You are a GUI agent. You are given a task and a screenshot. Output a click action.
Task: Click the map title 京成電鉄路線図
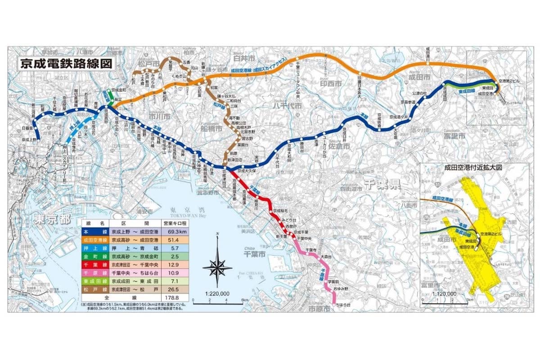click(66, 63)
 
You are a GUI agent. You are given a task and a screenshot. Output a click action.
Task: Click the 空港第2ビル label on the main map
click(510, 81)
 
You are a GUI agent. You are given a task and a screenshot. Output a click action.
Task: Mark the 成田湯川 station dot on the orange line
click(428, 63)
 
